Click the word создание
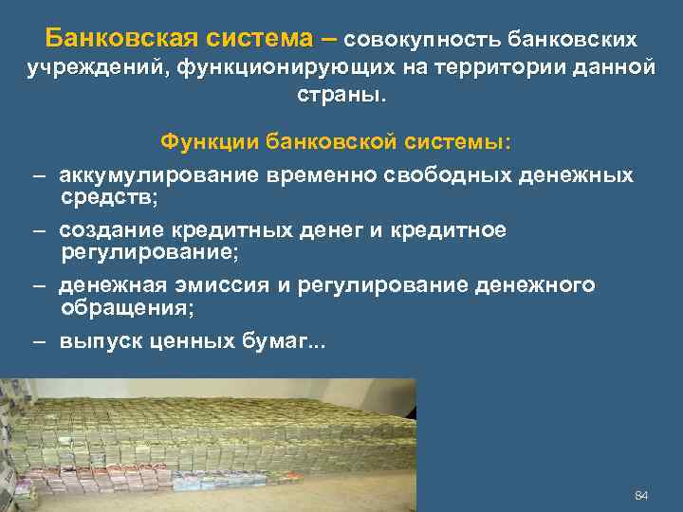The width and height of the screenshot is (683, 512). tap(110, 230)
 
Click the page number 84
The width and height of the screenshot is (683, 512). tap(640, 496)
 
